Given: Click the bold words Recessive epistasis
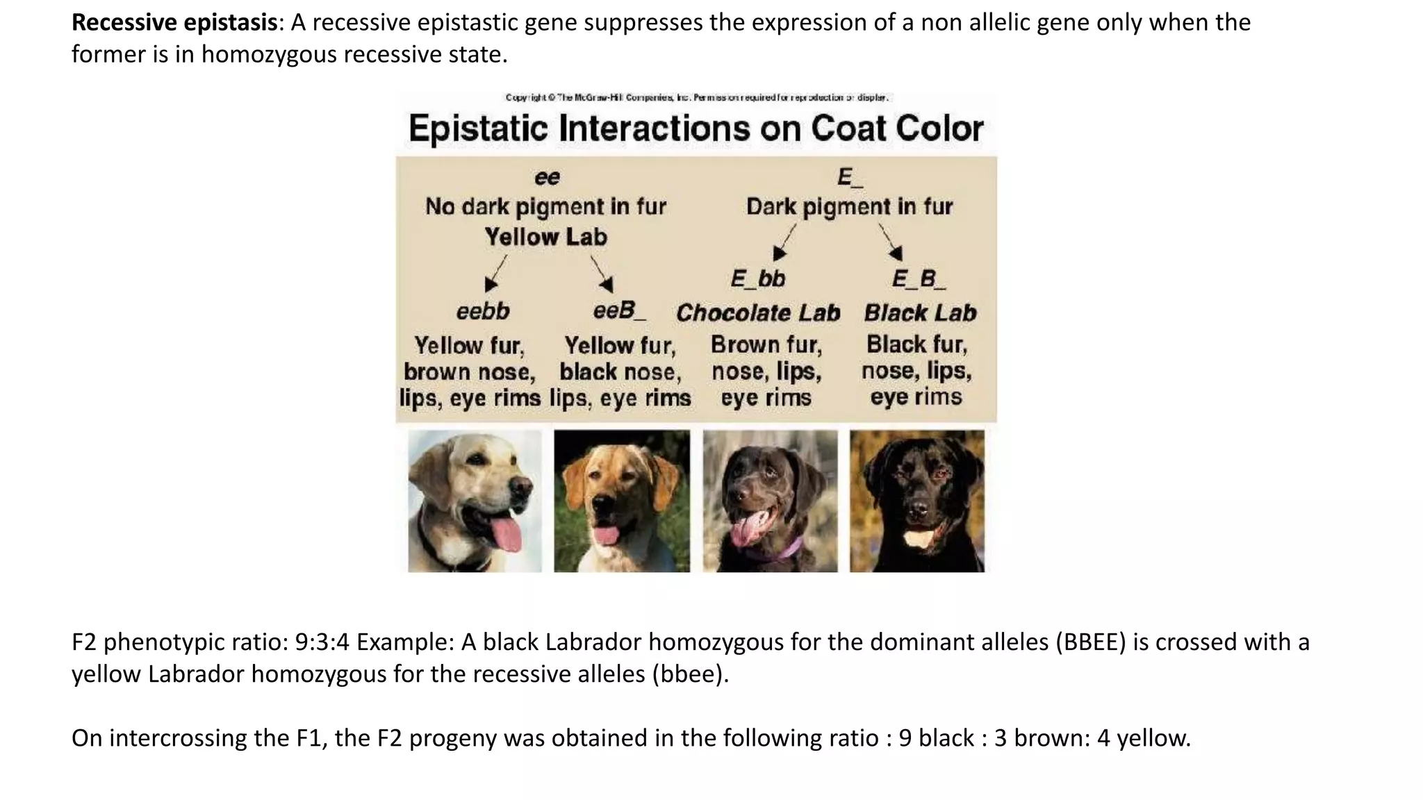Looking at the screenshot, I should [x=174, y=23].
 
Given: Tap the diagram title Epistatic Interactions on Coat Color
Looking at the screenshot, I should [x=696, y=129].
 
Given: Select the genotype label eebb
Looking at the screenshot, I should [x=483, y=311].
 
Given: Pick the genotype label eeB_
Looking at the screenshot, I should [x=618, y=310].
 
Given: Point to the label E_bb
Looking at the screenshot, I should [x=757, y=279].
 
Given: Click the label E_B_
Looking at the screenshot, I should [x=919, y=279].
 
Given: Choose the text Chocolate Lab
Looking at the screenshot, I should [x=758, y=313].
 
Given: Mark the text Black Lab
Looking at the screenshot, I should [x=920, y=313].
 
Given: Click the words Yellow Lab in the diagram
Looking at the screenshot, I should [x=546, y=237].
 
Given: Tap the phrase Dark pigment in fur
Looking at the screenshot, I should [x=849, y=207].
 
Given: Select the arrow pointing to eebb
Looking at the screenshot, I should [x=495, y=274].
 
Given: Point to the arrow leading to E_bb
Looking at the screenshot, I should [x=784, y=243].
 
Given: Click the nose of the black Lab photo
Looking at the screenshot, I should [x=917, y=510].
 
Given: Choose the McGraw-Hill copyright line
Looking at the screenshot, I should [x=696, y=98].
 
